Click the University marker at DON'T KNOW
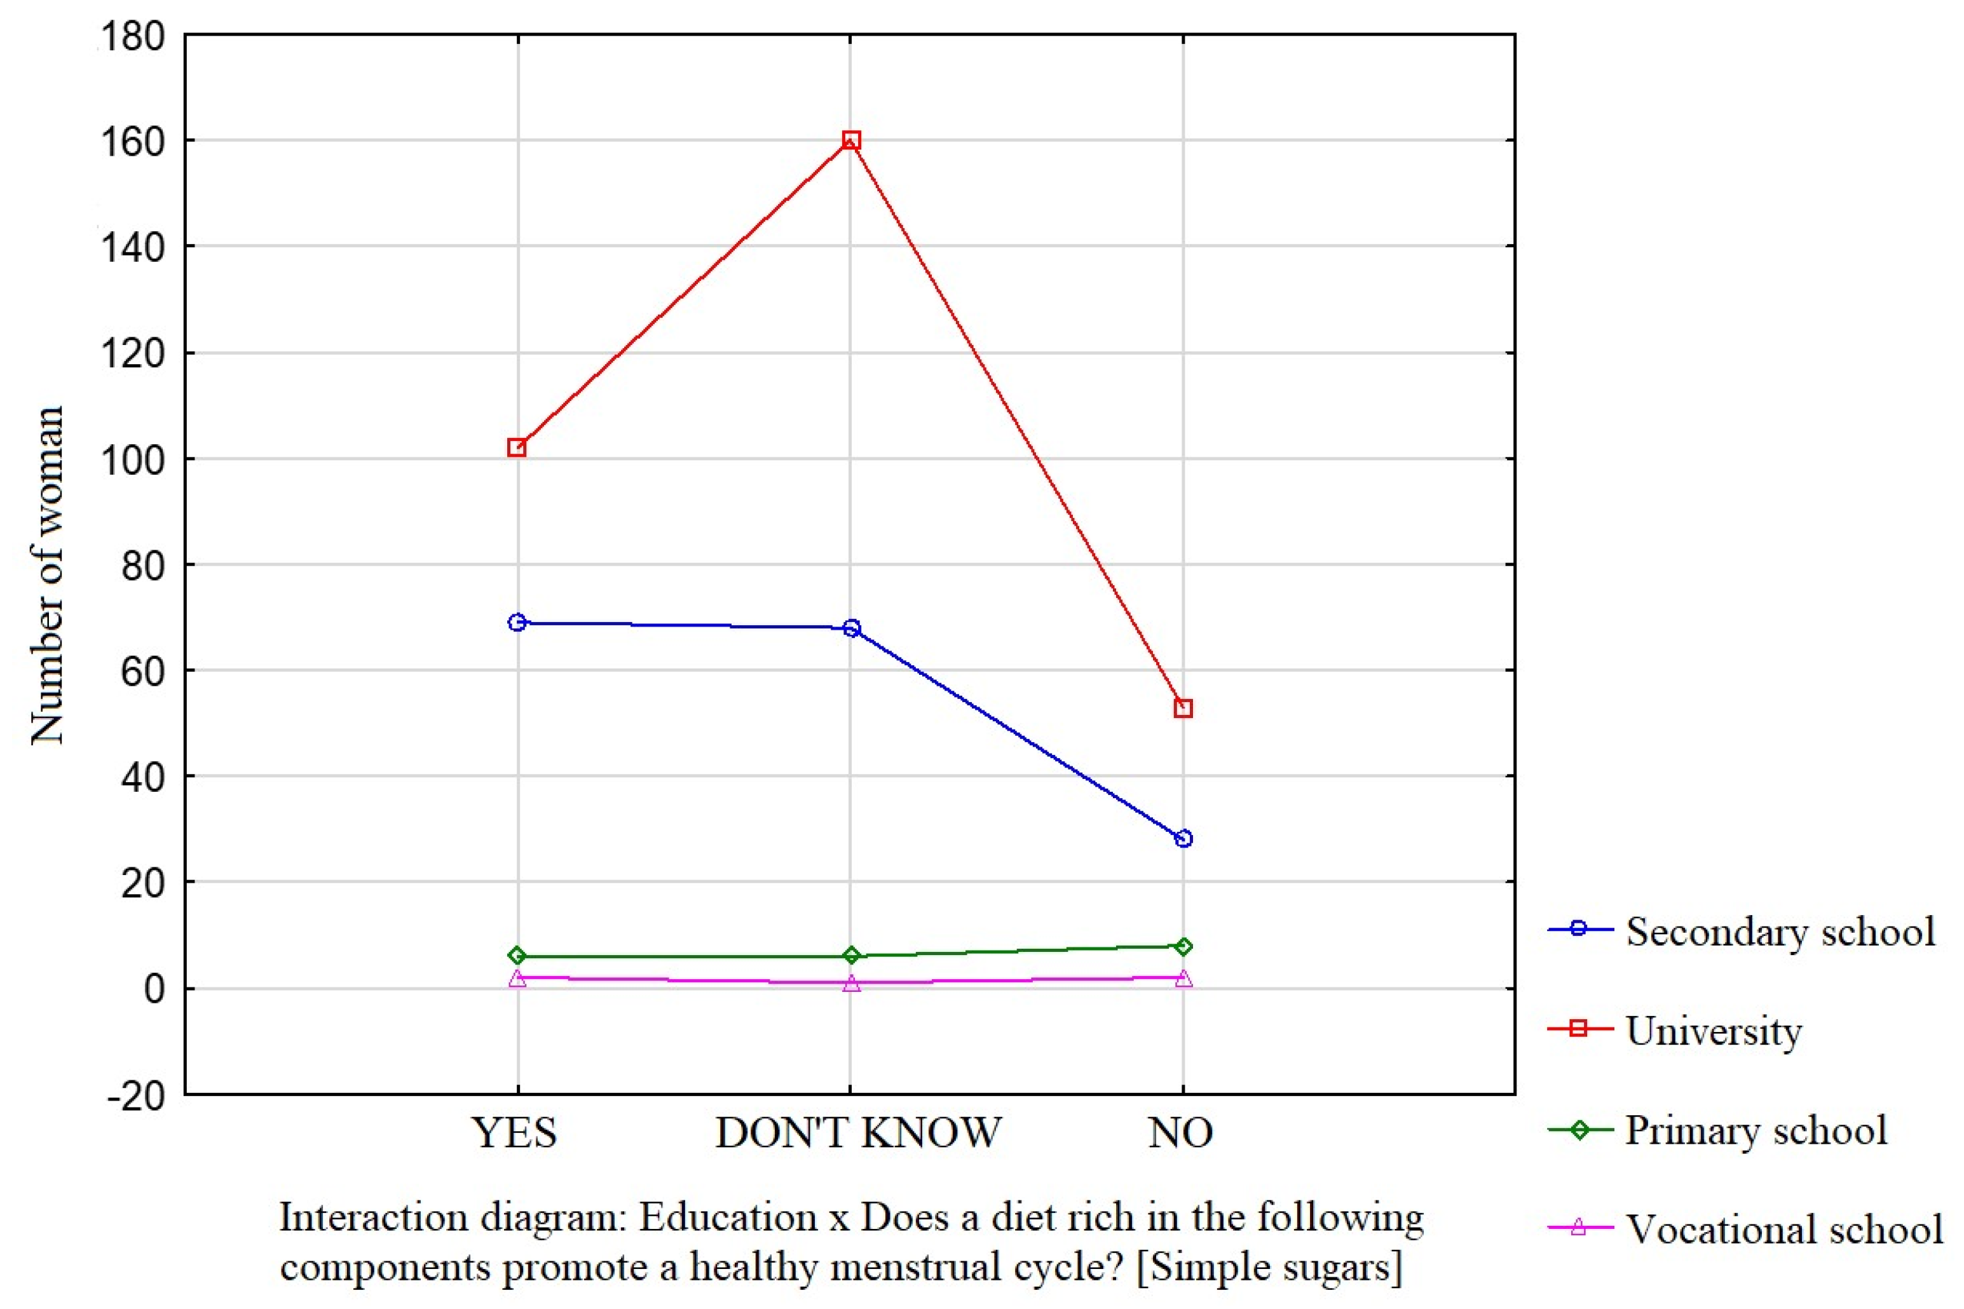pos(851,140)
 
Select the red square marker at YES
pos(517,447)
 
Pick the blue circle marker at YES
pos(517,622)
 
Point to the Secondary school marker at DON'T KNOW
pos(851,628)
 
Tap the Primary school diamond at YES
pos(517,955)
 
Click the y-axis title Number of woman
pos(47,576)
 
